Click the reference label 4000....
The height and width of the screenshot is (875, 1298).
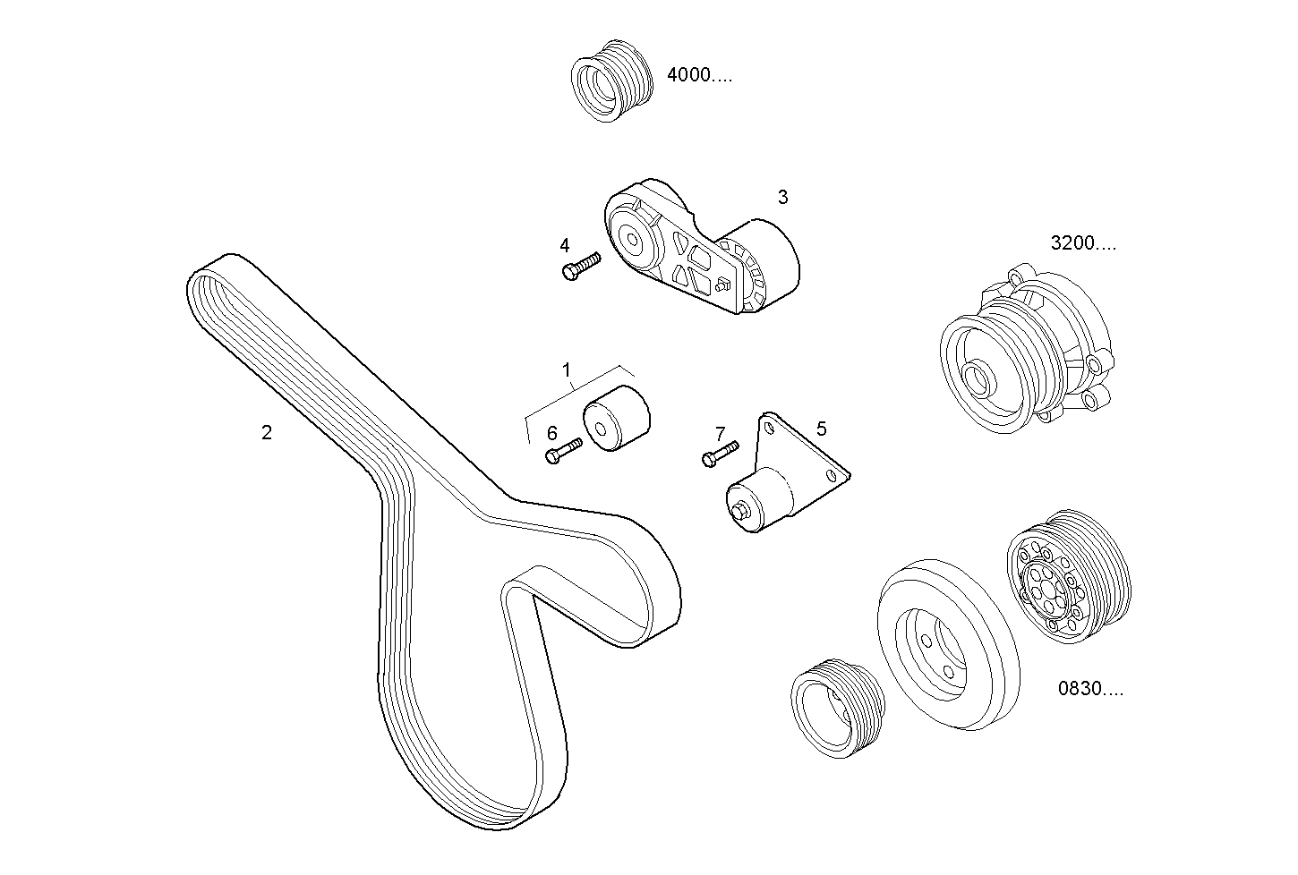pyautogui.click(x=699, y=76)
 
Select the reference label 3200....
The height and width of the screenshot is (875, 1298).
pyautogui.click(x=1082, y=243)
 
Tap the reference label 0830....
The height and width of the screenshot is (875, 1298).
pyautogui.click(x=1090, y=689)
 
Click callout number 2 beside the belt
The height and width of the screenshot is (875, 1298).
pyautogui.click(x=266, y=433)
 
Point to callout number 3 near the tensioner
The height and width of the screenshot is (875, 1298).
pyautogui.click(x=782, y=197)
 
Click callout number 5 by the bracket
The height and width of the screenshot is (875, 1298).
pyautogui.click(x=821, y=428)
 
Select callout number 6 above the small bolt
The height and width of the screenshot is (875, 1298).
pyautogui.click(x=551, y=434)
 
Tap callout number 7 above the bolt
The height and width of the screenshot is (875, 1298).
pyautogui.click(x=721, y=434)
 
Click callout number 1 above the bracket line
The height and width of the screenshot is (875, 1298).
pyautogui.click(x=566, y=369)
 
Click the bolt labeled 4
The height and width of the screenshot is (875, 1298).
pyautogui.click(x=580, y=266)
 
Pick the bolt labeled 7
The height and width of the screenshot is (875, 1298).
pyautogui.click(x=719, y=453)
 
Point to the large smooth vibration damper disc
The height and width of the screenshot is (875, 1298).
pyautogui.click(x=946, y=645)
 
